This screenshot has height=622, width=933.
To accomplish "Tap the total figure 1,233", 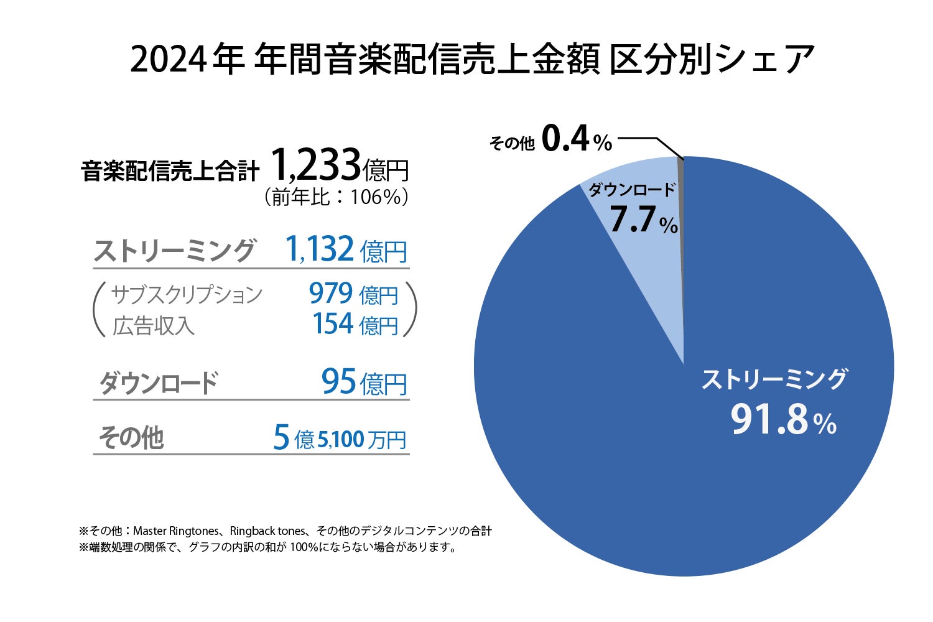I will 315,165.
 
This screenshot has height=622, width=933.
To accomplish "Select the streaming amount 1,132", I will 320,249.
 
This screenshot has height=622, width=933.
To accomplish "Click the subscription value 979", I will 331,294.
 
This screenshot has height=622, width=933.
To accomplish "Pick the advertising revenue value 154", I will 333,324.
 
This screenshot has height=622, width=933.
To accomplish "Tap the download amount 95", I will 339,381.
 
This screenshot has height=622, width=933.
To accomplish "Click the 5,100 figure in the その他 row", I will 340,440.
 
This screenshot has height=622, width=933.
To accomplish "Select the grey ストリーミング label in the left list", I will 174,251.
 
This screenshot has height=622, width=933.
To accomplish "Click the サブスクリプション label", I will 187,294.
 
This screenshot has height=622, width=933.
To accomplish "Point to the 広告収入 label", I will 153,325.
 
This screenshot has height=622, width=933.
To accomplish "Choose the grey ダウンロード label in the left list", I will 159,383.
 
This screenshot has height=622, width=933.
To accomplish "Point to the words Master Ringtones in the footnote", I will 176,531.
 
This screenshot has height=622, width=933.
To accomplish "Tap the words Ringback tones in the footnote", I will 268,531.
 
